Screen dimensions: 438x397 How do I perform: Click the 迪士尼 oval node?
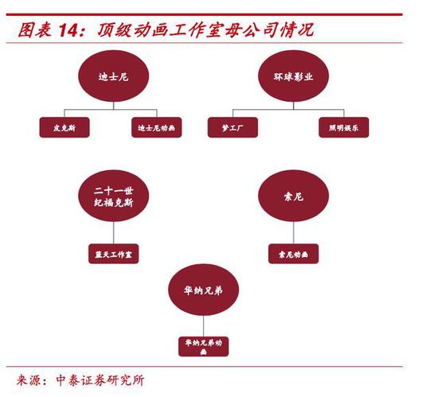[113, 76]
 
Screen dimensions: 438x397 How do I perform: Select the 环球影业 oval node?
[293, 76]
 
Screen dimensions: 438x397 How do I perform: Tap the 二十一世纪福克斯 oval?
[113, 196]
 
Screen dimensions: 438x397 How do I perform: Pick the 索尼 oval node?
[293, 196]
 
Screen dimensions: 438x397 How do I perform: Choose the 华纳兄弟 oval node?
[203, 290]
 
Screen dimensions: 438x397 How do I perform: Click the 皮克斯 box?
[65, 127]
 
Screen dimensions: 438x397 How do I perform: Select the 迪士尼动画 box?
[157, 127]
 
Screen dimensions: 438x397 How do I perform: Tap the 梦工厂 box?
[233, 127]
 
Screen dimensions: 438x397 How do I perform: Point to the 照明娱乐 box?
[344, 127]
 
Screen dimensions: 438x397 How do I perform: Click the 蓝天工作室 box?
[113, 254]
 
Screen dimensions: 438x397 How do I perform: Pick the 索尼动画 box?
[293, 254]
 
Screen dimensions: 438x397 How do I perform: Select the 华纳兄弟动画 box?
[203, 347]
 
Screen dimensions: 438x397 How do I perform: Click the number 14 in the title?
[68, 30]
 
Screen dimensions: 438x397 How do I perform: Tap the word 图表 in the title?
[35, 30]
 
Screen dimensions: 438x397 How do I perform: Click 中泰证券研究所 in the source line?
[100, 380]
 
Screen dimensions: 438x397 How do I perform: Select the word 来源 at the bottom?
[28, 380]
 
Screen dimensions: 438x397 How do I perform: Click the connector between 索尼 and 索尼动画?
[293, 232]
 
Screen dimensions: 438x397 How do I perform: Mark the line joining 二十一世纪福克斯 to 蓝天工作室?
[113, 232]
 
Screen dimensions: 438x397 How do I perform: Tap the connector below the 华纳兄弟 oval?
[203, 326]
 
